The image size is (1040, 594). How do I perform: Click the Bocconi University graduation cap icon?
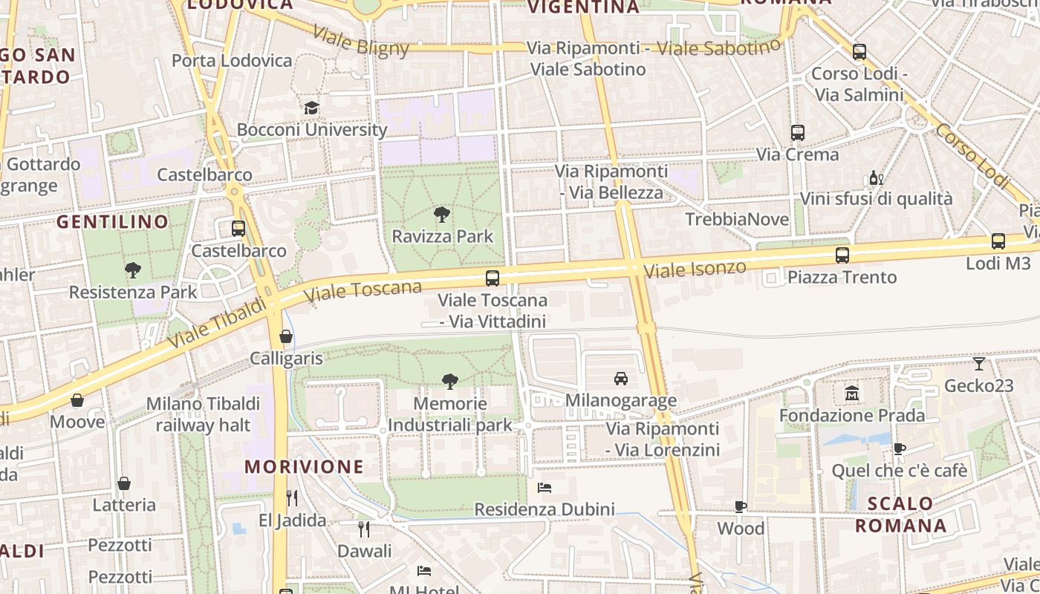tap(311, 108)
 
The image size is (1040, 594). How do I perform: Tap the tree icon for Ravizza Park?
tap(442, 215)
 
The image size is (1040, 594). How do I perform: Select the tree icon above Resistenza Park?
tap(133, 270)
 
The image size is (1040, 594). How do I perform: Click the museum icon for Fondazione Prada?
tap(852, 393)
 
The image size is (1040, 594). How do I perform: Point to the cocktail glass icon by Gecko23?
tap(979, 364)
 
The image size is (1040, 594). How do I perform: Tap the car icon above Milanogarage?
tap(621, 379)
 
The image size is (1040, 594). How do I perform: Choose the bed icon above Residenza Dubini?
tap(545, 488)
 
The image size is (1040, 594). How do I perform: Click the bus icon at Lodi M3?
tap(998, 241)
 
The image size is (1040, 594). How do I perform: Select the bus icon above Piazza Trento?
tap(842, 255)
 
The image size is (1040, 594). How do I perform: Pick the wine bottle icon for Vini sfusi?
tap(877, 177)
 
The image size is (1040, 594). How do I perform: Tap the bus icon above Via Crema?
tap(798, 133)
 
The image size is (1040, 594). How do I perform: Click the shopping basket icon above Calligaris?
tap(286, 336)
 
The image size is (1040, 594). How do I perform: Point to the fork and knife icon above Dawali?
tap(364, 529)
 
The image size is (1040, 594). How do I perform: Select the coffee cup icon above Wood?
tap(741, 506)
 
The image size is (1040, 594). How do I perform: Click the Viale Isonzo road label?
tap(695, 269)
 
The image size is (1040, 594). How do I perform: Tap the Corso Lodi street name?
tap(972, 155)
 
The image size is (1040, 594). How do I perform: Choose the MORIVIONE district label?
tap(305, 466)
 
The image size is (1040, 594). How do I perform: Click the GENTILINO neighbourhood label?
tap(113, 221)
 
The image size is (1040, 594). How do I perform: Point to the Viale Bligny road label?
tap(361, 41)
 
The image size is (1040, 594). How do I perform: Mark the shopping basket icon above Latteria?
tap(124, 483)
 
